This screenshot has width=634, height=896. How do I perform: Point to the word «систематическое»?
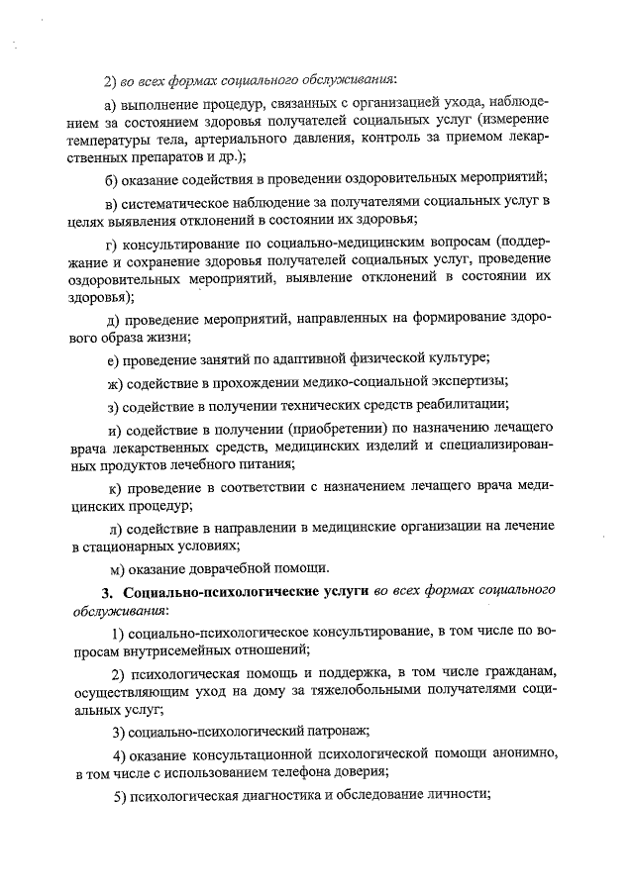point(181,203)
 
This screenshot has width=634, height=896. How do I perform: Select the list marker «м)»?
point(115,568)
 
